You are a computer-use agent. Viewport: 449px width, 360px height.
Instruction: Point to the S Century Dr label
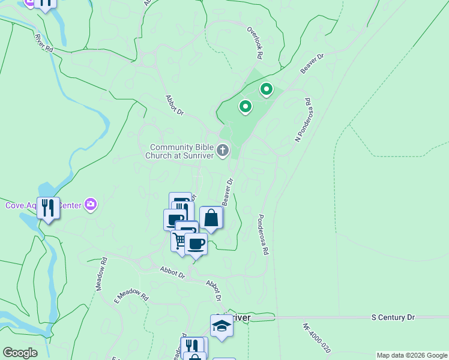pyautogui.click(x=393, y=316)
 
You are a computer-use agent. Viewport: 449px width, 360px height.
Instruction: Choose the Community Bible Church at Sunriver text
pyautogui.click(x=182, y=151)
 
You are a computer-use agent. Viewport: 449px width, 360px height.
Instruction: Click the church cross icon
pyautogui.click(x=223, y=149)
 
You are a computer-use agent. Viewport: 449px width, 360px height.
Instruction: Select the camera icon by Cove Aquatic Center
pyautogui.click(x=91, y=205)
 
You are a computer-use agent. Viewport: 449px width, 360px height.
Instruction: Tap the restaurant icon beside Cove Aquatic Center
pyautogui.click(x=48, y=208)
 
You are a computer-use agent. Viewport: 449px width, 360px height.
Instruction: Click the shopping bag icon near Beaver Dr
pyautogui.click(x=211, y=218)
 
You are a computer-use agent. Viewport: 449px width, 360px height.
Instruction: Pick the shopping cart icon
pyautogui.click(x=179, y=241)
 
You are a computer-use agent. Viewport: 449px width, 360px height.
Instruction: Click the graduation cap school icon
pyautogui.click(x=221, y=325)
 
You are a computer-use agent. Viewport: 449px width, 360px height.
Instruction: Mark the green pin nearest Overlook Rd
pyautogui.click(x=266, y=90)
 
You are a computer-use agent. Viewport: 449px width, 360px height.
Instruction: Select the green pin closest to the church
pyautogui.click(x=245, y=107)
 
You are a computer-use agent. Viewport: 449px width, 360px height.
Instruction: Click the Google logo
pyautogui.click(x=20, y=353)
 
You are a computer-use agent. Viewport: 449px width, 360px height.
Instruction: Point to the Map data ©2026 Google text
pyautogui.click(x=412, y=355)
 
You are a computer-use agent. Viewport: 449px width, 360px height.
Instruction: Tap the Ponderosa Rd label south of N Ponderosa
pyautogui.click(x=263, y=235)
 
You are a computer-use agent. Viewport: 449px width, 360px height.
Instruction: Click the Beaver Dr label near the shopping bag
pyautogui.click(x=228, y=191)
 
